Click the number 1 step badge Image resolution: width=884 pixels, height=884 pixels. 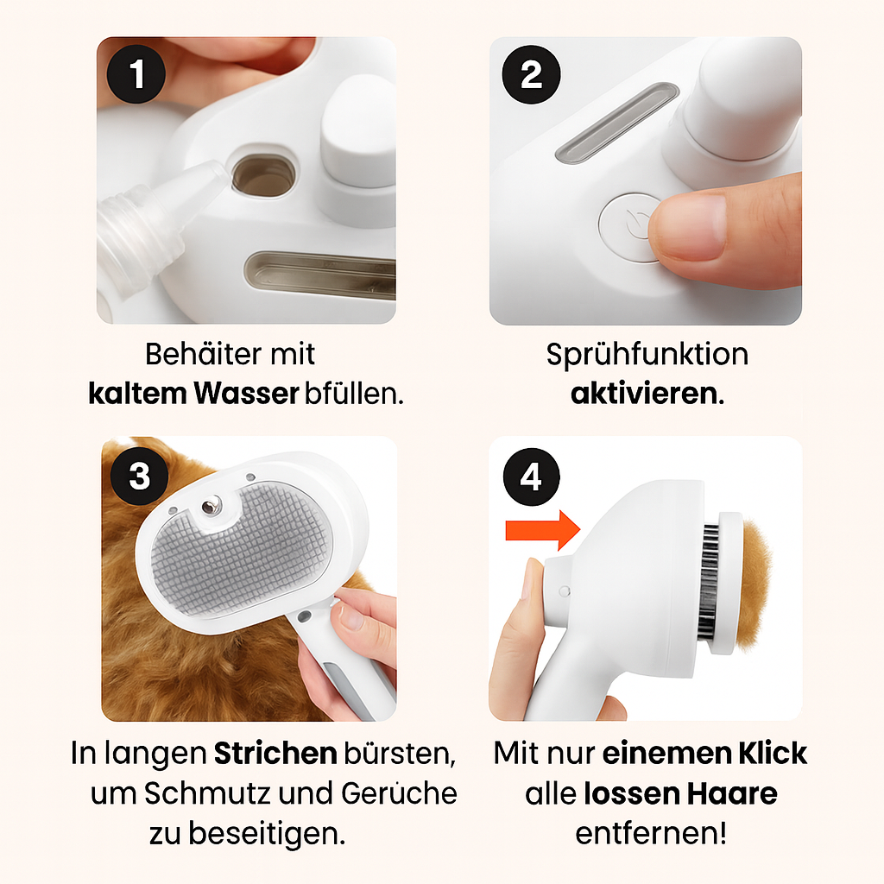pyautogui.click(x=136, y=75)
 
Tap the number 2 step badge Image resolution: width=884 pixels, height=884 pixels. pyautogui.click(x=531, y=75)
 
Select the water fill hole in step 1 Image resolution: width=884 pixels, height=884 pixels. pyautogui.click(x=262, y=176)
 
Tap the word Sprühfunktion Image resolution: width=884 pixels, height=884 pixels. pyautogui.click(x=647, y=355)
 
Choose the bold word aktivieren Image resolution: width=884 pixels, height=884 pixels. pyautogui.click(x=643, y=394)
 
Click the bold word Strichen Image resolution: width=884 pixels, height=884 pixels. pyautogui.click(x=275, y=754)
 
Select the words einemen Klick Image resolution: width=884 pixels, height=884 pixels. pyautogui.click(x=704, y=753)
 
